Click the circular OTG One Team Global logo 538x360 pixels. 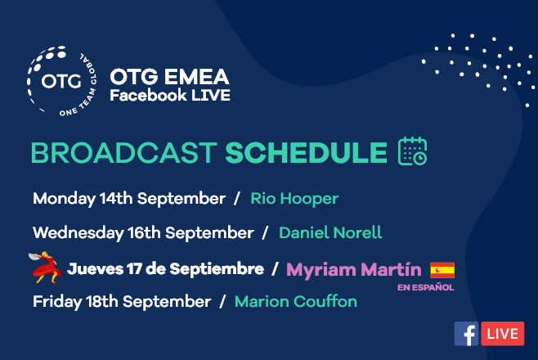click(x=62, y=81)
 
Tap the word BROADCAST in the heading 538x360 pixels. click(x=123, y=153)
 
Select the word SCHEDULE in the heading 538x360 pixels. click(x=306, y=153)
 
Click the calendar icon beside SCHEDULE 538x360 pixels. click(x=412, y=151)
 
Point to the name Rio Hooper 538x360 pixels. click(x=294, y=199)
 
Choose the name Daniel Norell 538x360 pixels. click(x=330, y=232)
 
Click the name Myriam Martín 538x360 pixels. click(x=354, y=269)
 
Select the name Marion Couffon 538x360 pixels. click(x=296, y=302)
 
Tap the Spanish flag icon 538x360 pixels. click(x=442, y=270)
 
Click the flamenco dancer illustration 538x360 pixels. click(x=46, y=268)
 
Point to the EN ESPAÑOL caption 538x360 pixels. click(x=426, y=287)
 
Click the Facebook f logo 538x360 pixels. click(x=466, y=334)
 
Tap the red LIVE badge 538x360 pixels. click(x=503, y=334)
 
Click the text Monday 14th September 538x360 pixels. click(x=129, y=199)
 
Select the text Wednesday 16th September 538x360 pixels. click(x=143, y=232)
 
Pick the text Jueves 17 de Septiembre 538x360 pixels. click(x=166, y=269)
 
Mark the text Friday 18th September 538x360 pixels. click(x=122, y=302)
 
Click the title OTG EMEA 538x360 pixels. click(x=169, y=77)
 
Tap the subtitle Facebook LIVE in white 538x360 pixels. click(x=170, y=95)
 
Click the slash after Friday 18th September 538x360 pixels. click(x=222, y=302)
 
